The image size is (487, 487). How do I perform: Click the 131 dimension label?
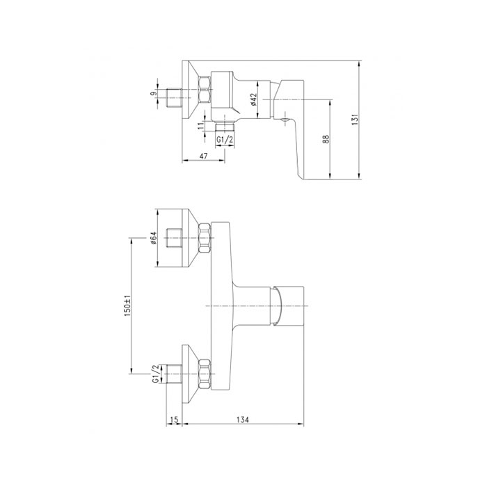pyautogui.click(x=356, y=120)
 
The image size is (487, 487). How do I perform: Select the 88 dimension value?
pyautogui.click(x=326, y=139)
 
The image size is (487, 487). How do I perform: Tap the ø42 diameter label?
pyautogui.click(x=253, y=99)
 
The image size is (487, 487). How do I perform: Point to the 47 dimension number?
pyautogui.click(x=203, y=156)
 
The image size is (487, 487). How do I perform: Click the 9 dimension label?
pyautogui.click(x=154, y=93)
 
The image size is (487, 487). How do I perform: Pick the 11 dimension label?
pyautogui.click(x=201, y=126)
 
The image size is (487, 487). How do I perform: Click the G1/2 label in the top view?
pyautogui.click(x=225, y=140)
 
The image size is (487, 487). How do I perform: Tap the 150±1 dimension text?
pyautogui.click(x=127, y=305)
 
